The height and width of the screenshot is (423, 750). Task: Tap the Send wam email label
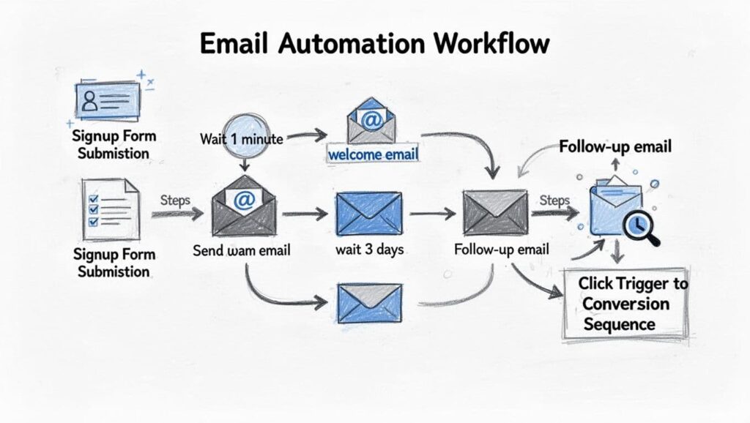pos(242,250)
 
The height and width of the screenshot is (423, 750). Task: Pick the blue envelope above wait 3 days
pos(369,212)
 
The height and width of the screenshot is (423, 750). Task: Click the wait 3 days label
pos(370,250)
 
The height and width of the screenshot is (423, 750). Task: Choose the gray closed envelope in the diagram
pos(495,212)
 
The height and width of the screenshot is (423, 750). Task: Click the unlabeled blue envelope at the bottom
pos(369,303)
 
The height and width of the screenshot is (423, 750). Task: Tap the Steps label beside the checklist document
pos(174,199)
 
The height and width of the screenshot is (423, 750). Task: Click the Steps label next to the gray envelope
pos(554,200)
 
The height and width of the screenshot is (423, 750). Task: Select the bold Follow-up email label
pos(615,147)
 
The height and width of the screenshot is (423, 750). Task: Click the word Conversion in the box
pos(626,303)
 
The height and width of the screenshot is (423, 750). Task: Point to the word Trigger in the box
pos(642,282)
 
